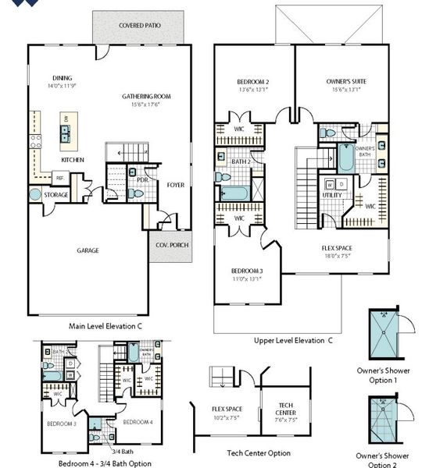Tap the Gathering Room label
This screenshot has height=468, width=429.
[146, 97]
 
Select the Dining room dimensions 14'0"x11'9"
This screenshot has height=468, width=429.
[63, 87]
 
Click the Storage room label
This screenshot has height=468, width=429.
[56, 194]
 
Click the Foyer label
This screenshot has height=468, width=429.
[176, 185]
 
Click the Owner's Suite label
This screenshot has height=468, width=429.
[346, 81]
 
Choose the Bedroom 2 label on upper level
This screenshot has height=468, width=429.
[254, 81]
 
